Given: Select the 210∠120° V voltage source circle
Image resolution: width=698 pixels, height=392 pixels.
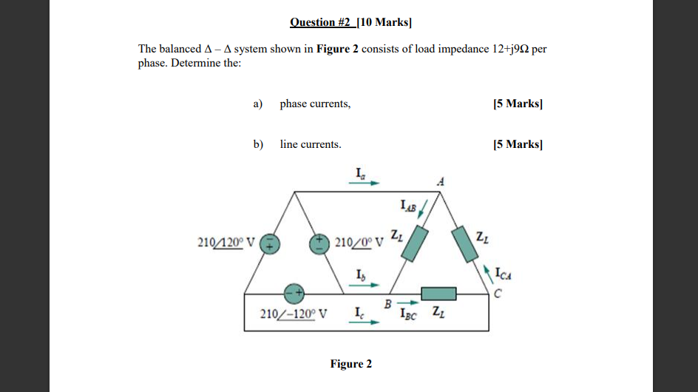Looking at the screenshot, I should (271, 243).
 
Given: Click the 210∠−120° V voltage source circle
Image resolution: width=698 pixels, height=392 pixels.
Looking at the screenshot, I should (294, 293).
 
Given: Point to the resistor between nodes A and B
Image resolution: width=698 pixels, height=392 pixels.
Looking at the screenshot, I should (414, 241).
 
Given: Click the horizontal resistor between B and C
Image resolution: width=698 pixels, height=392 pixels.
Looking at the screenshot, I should (438, 294).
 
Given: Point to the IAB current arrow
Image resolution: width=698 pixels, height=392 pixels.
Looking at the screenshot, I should (422, 210).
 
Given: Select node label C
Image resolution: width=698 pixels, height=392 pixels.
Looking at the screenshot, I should (498, 292).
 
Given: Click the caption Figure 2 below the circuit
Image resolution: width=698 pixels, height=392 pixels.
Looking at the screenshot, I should (350, 364).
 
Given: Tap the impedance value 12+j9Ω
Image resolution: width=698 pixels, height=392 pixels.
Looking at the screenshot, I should (509, 49).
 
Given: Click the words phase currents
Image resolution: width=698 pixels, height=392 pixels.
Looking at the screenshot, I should (315, 104).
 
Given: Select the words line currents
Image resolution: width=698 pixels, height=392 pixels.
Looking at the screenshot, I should (311, 144).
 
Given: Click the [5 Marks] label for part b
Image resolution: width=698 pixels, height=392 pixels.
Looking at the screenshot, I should (518, 144).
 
